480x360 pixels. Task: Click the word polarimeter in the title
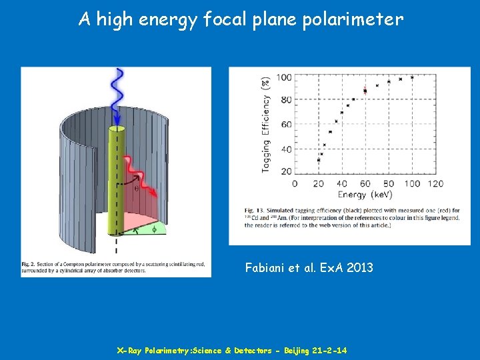pos(353,19)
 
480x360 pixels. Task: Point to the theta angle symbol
pos(137,188)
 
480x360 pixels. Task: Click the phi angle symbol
pos(154,229)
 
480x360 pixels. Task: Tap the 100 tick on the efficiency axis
pos(284,77)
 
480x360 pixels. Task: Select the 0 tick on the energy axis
pos(295,183)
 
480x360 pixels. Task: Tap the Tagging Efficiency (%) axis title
pos(266,124)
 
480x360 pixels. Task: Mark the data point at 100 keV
pos(413,77)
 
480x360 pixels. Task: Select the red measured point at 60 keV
pos(365,90)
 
